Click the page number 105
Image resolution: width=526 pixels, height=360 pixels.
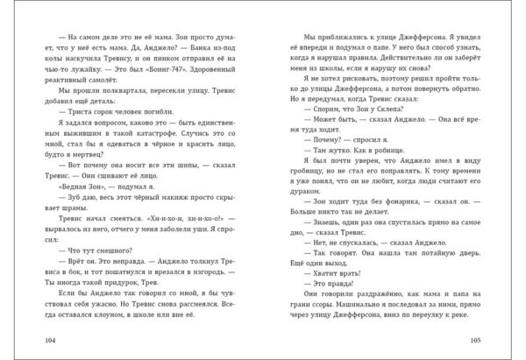pos(489,339)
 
